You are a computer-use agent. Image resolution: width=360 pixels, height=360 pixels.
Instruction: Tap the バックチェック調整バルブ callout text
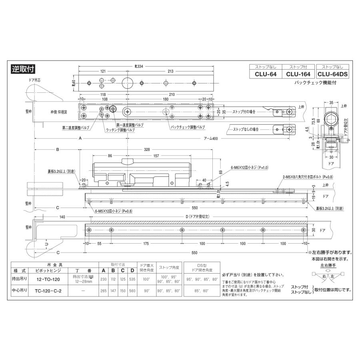pos(188,127)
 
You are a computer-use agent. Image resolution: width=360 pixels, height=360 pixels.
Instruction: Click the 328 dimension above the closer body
pos(147,149)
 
